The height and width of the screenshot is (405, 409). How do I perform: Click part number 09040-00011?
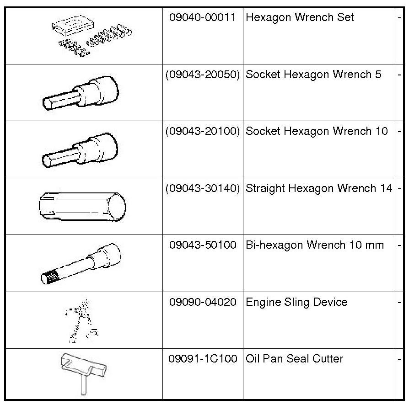coord(203,18)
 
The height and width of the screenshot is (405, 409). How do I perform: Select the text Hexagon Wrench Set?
coord(300,18)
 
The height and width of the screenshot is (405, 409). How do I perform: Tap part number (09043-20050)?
coord(203,75)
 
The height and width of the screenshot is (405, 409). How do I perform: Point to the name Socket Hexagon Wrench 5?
coord(313,75)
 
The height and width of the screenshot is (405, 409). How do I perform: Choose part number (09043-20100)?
coord(203,131)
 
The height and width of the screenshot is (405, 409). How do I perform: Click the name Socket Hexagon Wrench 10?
coord(317,131)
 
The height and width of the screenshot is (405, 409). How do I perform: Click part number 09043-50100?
coord(203,245)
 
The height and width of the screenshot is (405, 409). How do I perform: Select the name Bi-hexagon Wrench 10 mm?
coord(315,245)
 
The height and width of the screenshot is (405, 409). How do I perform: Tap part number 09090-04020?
coord(203,302)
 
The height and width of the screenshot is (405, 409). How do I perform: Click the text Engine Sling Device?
coord(296,302)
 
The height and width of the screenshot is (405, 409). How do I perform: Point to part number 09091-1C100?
coord(203,359)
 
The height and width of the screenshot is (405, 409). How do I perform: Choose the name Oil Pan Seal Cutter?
coord(294,359)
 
